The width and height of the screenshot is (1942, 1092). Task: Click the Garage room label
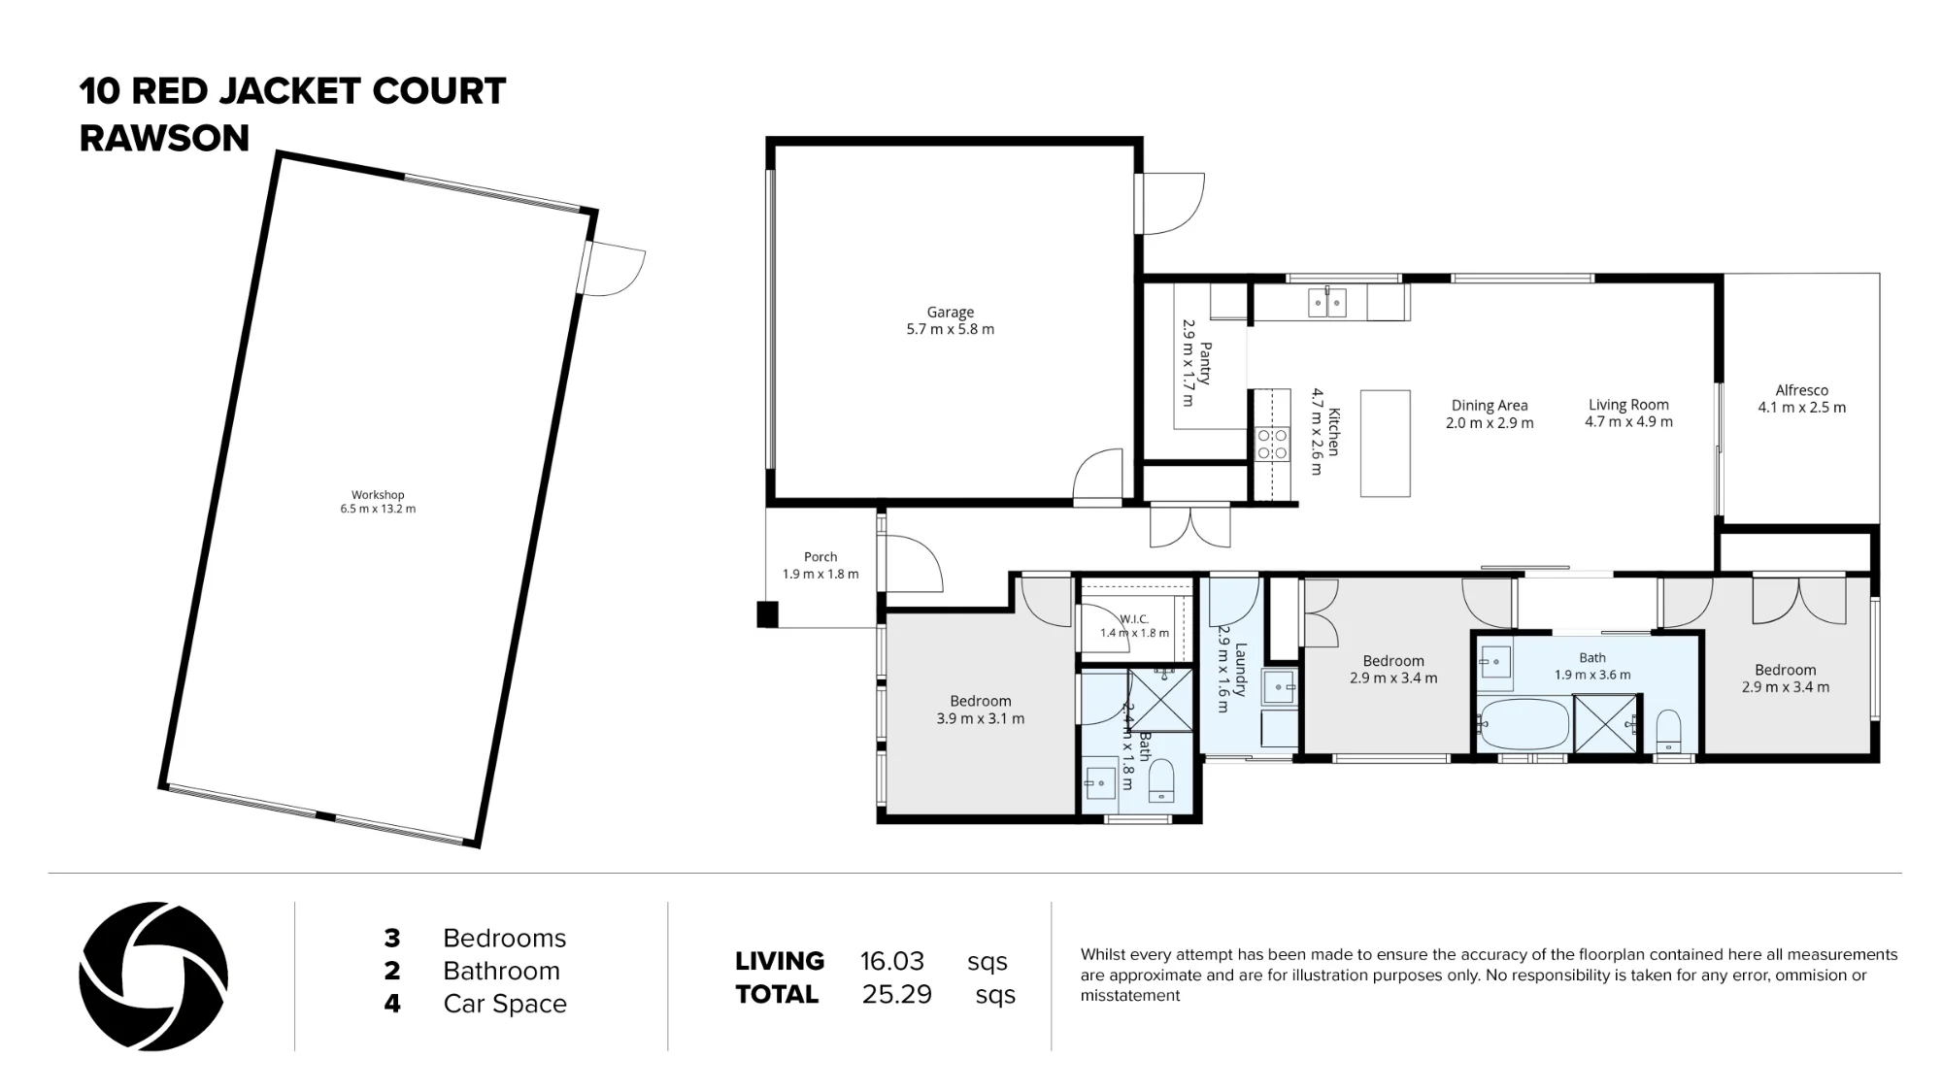(950, 313)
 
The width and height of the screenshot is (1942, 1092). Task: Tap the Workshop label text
(378, 495)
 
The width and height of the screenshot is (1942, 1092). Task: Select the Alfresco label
(1801, 390)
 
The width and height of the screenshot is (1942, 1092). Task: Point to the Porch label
(820, 557)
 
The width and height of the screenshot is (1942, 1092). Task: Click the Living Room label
(1628, 405)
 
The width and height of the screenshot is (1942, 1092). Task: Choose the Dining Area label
(1490, 406)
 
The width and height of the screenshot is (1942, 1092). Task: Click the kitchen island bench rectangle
(1385, 444)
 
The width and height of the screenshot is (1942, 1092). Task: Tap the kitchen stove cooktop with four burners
(1273, 445)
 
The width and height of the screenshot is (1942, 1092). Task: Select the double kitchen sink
(1326, 303)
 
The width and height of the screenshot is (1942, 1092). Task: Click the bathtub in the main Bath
(1523, 724)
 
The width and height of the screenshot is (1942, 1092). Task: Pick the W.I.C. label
(1134, 619)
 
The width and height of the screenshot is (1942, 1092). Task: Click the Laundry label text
(1240, 670)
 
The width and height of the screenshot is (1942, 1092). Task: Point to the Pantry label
(1205, 364)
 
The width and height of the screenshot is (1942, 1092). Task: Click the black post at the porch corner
(767, 614)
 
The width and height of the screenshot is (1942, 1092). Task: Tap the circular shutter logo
(153, 976)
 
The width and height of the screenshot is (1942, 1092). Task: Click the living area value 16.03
(892, 962)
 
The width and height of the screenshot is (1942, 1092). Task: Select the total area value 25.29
(896, 995)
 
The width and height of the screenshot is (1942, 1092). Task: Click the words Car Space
(505, 1004)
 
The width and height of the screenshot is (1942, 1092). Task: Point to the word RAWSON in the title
(164, 138)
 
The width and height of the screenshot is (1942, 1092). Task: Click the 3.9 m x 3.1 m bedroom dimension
(981, 719)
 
